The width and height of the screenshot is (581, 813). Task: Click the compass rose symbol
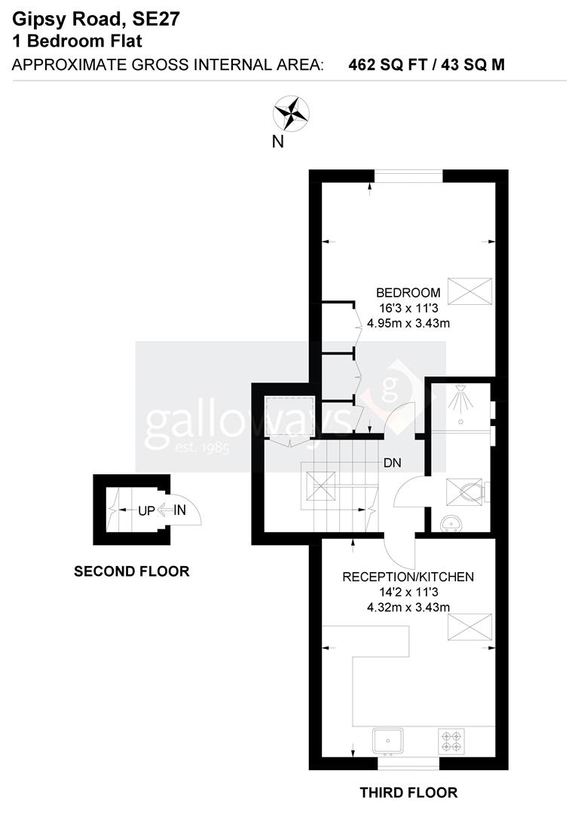pyautogui.click(x=290, y=114)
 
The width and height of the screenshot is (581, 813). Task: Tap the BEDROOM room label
pyautogui.click(x=408, y=293)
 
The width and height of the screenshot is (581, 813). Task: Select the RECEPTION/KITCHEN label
pyautogui.click(x=408, y=577)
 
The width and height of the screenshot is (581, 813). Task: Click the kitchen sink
pyautogui.click(x=388, y=740)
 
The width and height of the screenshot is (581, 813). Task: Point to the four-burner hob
pyautogui.click(x=451, y=740)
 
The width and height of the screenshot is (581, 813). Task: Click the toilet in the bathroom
pyautogui.click(x=467, y=492)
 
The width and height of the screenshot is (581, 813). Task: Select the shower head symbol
pyautogui.click(x=458, y=399)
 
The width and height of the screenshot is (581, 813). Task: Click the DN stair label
pyautogui.click(x=392, y=463)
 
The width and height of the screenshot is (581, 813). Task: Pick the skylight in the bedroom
pyautogui.click(x=469, y=291)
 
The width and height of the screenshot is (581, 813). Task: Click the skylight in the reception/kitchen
pyautogui.click(x=469, y=626)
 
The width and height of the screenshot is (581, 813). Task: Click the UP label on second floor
pyautogui.click(x=146, y=510)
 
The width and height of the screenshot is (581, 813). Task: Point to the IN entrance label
pyautogui.click(x=179, y=510)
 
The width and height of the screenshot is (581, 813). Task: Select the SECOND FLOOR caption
pyautogui.click(x=131, y=572)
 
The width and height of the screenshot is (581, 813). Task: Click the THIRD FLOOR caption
pyautogui.click(x=408, y=793)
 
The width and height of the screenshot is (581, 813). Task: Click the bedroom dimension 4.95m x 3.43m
pyautogui.click(x=408, y=324)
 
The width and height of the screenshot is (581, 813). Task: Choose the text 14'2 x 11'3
pyautogui.click(x=408, y=592)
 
